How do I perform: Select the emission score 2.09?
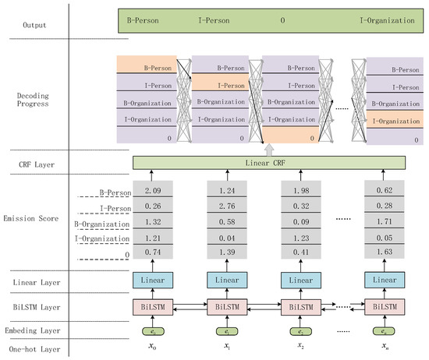(152, 191)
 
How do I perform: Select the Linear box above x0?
(152, 279)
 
